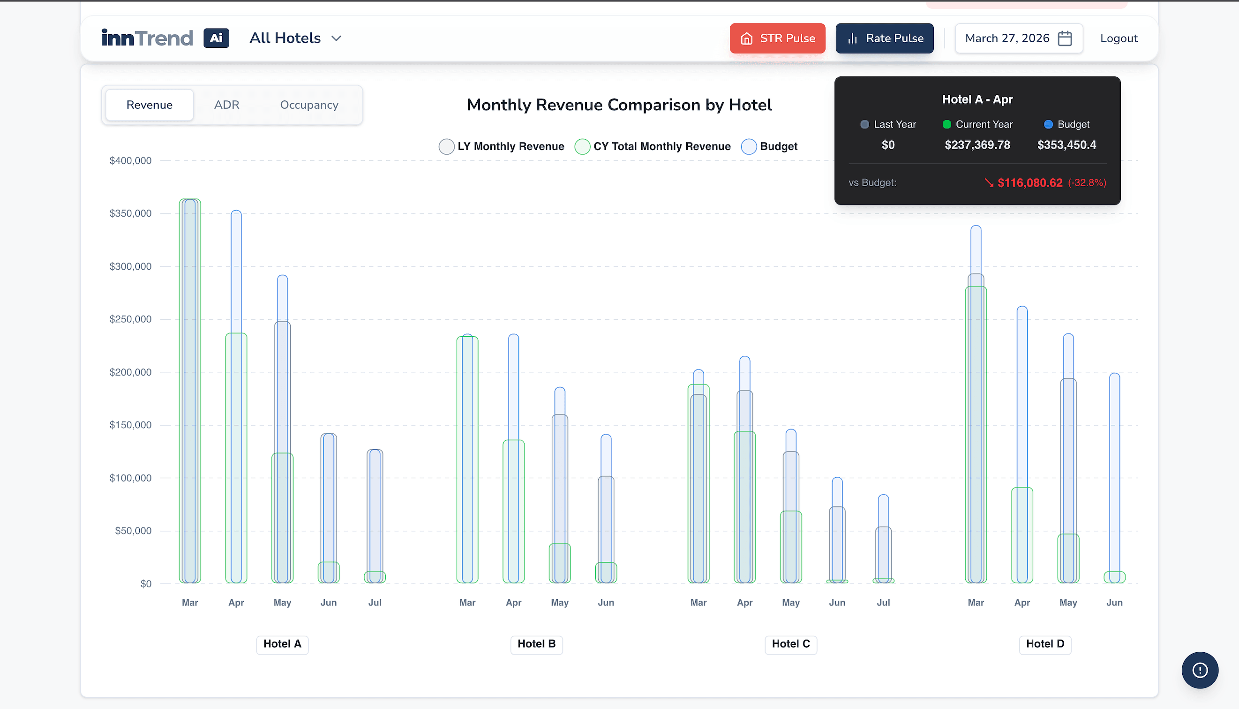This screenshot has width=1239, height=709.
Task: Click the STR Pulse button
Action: (x=777, y=38)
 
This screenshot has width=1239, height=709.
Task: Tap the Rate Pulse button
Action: (x=885, y=38)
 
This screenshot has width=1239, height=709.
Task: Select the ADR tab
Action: (x=227, y=105)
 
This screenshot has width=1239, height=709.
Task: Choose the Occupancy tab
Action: (x=309, y=105)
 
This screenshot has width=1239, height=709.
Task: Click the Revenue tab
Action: (x=150, y=105)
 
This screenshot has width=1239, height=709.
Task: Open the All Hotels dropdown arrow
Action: (x=337, y=38)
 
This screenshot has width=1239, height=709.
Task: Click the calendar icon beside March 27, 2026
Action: (x=1065, y=38)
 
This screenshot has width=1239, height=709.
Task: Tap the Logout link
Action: (x=1119, y=38)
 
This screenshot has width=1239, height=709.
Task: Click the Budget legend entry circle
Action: (x=749, y=147)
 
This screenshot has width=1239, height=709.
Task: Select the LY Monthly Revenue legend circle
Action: (x=446, y=147)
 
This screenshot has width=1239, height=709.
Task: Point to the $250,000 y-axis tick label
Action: (x=130, y=319)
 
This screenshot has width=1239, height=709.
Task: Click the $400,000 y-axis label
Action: (x=130, y=161)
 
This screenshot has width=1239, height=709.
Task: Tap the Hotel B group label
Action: (x=536, y=644)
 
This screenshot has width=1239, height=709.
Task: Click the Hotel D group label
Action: (x=1045, y=644)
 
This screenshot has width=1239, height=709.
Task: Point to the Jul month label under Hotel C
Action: (x=883, y=603)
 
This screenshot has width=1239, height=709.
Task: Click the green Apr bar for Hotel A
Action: (x=236, y=458)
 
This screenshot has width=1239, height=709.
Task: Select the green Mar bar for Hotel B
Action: (x=467, y=460)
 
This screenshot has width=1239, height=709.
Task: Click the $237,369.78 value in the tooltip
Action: (x=977, y=145)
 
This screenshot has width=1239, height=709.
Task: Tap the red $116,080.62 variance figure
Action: (x=1029, y=182)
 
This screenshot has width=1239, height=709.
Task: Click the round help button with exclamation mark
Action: (x=1200, y=670)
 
